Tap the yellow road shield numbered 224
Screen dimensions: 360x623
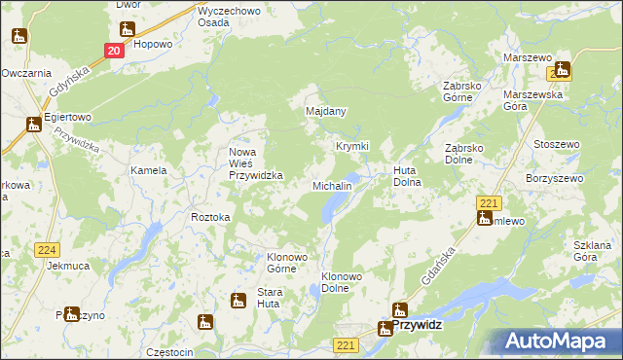click(x=47, y=249)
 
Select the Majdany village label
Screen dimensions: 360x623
click(x=326, y=112)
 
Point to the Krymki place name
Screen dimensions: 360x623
click(x=352, y=146)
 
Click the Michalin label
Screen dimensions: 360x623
click(x=331, y=185)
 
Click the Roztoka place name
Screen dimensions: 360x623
click(x=210, y=217)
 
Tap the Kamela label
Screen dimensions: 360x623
click(x=149, y=170)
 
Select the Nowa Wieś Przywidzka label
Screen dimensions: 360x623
click(x=255, y=163)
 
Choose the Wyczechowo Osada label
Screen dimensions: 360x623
click(x=227, y=17)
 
